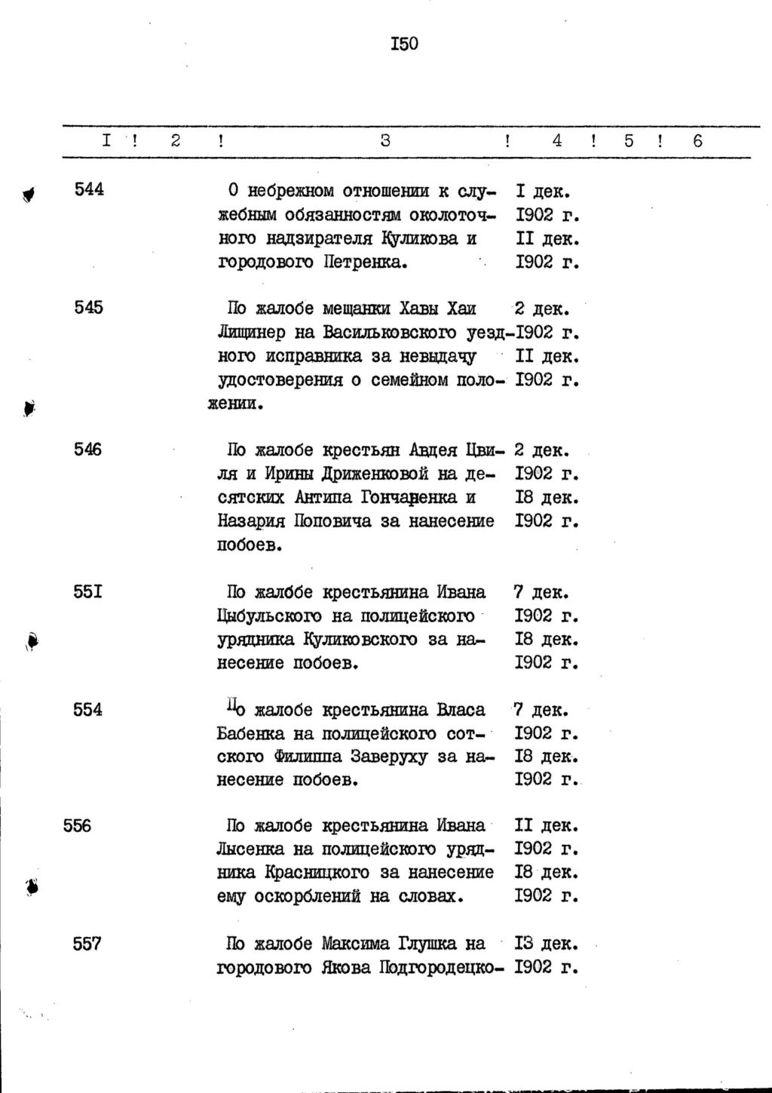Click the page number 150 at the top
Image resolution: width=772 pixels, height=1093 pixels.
(x=404, y=44)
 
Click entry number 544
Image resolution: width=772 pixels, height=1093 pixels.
(x=89, y=189)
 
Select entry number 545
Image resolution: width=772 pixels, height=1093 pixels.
(x=89, y=308)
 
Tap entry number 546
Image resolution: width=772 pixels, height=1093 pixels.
(x=88, y=450)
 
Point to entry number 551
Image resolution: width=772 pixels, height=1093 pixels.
(x=88, y=592)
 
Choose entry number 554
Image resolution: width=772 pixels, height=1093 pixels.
(x=88, y=710)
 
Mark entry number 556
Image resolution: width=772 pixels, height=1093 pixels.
(x=78, y=826)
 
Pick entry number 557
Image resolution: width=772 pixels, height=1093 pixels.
(x=87, y=944)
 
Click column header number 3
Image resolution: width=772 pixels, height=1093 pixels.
(x=385, y=140)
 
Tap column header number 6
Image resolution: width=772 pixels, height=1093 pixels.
(x=697, y=140)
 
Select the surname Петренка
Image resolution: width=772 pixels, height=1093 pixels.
(x=365, y=263)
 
